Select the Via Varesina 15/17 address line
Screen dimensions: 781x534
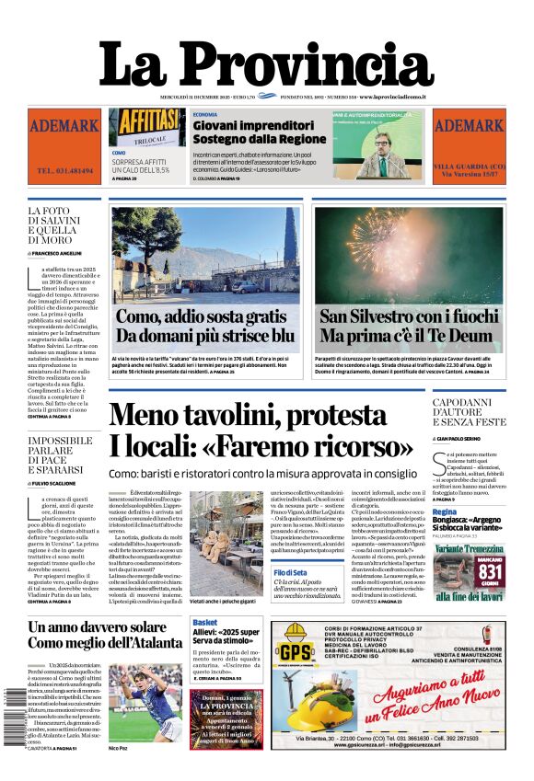click(x=469, y=173)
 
